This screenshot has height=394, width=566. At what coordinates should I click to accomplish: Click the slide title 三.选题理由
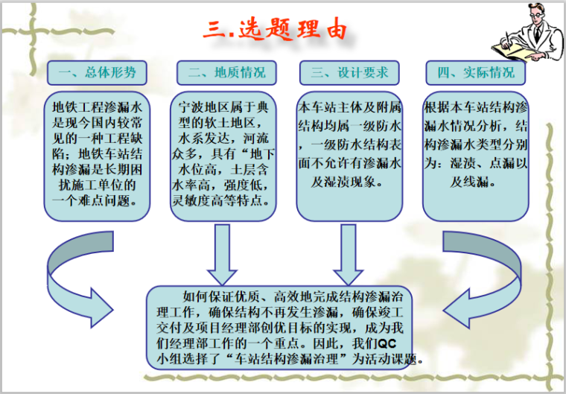(x=276, y=31)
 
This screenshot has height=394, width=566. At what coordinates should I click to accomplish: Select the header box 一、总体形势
(x=96, y=72)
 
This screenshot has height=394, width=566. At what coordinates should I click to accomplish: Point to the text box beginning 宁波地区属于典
(x=222, y=156)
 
